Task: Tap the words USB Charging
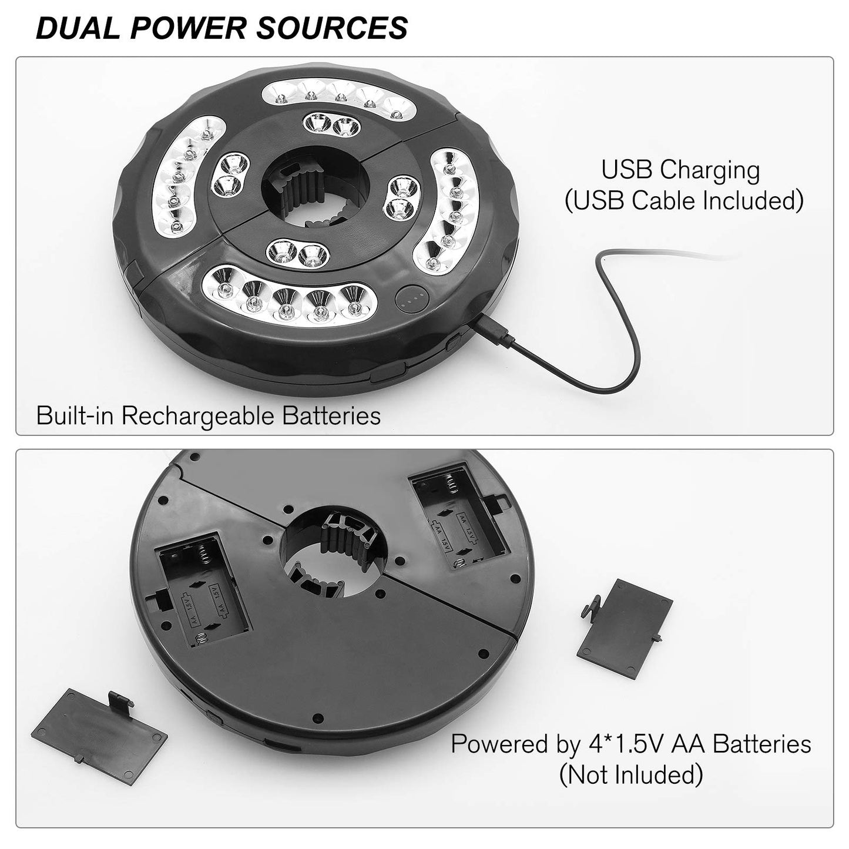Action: (x=680, y=170)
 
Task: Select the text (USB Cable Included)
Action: (x=683, y=201)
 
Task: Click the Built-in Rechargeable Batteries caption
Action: (x=208, y=416)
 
